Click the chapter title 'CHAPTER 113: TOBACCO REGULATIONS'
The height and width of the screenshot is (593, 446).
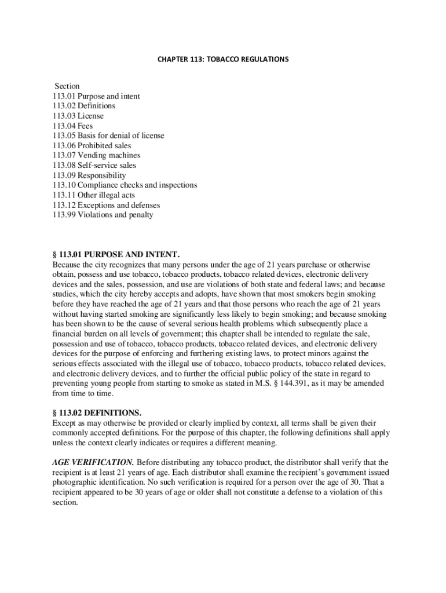(222, 59)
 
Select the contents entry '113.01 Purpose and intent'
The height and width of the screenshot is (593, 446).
(96, 96)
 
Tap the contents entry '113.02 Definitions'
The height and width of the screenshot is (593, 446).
(83, 106)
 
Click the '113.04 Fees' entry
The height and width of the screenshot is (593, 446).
(72, 126)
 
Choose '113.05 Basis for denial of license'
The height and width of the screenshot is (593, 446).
(108, 136)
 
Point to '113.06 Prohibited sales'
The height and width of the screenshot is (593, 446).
(92, 145)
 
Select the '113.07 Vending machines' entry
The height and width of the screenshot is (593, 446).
(96, 155)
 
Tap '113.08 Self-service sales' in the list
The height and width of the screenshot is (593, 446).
(94, 165)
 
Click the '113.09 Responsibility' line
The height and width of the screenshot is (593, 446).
(89, 175)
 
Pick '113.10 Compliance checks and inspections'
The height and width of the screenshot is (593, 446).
(125, 185)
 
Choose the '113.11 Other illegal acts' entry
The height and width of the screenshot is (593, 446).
(93, 195)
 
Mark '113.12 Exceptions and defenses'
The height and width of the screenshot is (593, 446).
(106, 205)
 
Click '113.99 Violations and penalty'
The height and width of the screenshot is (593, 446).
(103, 215)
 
